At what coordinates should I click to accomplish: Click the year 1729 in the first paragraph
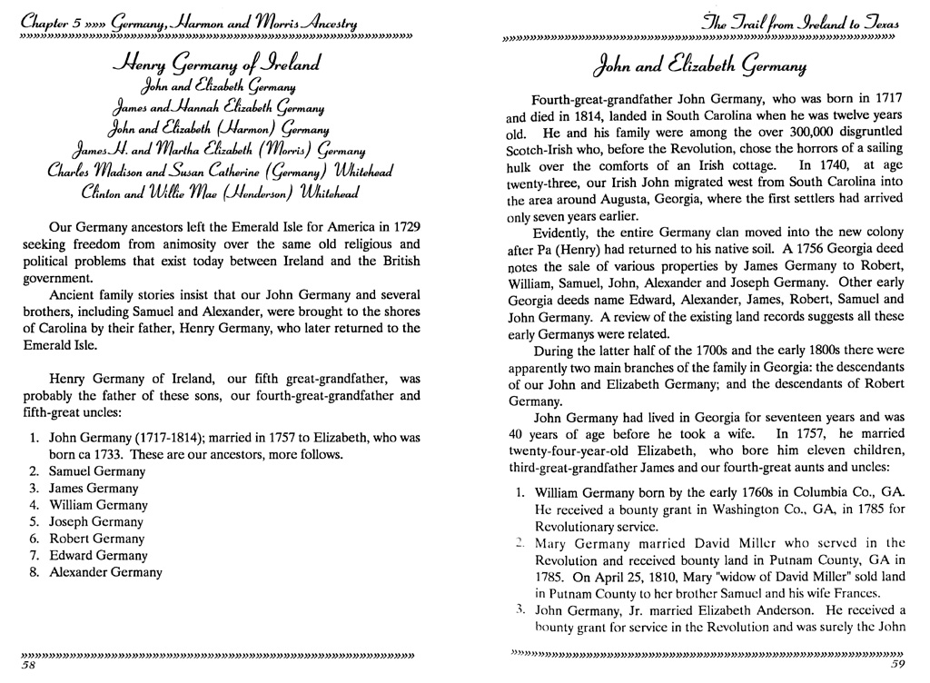pyautogui.click(x=401, y=225)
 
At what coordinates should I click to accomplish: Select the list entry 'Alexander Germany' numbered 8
pyautogui.click(x=105, y=572)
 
